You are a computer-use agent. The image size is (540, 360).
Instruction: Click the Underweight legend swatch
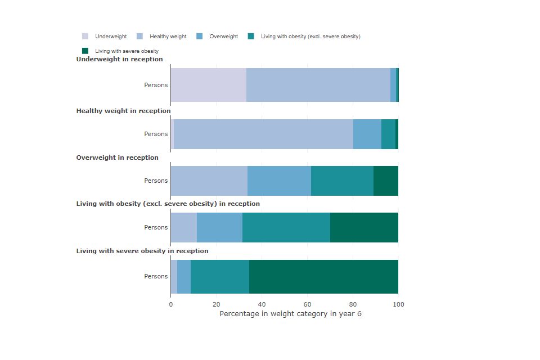[85, 37]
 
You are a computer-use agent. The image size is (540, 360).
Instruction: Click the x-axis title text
[290, 314]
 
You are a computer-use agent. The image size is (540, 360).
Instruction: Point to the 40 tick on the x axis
[262, 304]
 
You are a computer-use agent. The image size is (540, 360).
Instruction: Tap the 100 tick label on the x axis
[398, 304]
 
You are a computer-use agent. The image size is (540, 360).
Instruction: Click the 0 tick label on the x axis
[171, 304]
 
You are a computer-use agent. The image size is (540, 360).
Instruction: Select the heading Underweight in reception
[120, 59]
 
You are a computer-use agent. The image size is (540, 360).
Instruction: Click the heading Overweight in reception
[118, 157]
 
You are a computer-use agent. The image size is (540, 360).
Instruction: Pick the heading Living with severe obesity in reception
[142, 251]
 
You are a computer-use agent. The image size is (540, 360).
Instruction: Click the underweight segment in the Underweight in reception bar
[208, 85]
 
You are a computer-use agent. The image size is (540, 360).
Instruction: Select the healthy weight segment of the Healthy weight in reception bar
[263, 134]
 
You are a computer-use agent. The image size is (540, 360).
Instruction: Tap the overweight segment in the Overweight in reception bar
[279, 181]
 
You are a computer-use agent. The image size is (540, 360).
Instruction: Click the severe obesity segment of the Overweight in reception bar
[386, 181]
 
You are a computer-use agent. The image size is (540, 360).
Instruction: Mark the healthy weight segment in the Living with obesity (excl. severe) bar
[184, 227]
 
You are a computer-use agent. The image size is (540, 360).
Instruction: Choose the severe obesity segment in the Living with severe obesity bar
[323, 276]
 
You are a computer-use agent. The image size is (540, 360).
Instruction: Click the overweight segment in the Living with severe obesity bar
[184, 276]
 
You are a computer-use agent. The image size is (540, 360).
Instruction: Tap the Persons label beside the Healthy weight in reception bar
[156, 134]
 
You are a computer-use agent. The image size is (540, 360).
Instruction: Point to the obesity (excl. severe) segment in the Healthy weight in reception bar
[388, 134]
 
